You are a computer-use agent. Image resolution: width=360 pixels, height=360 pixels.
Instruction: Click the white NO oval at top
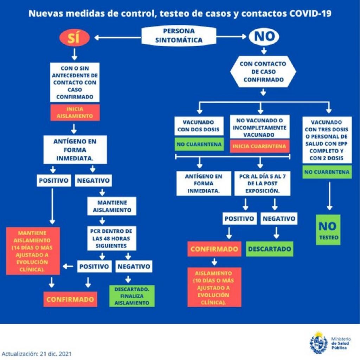[264, 37]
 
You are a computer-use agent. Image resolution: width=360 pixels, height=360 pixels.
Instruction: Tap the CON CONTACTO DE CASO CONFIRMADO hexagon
[263, 72]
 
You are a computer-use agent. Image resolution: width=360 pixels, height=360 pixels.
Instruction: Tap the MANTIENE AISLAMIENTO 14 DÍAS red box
[33, 250]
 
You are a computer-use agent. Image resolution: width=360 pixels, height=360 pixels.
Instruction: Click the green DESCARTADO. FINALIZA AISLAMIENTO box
[132, 296]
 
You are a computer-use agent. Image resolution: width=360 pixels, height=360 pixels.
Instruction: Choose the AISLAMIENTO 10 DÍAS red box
[214, 287]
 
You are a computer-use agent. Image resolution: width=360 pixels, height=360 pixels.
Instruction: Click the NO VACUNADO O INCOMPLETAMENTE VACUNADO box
[260, 127]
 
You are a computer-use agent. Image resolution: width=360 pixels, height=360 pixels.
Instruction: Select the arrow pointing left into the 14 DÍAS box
[68, 266]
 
